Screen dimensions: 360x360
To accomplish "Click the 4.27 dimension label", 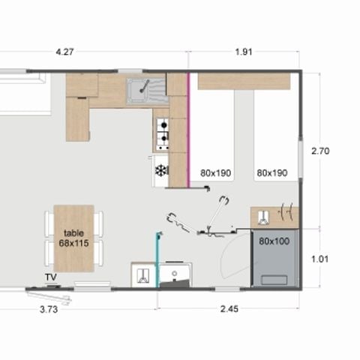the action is tap(64, 52).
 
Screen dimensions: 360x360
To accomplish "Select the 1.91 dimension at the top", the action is tap(244, 52).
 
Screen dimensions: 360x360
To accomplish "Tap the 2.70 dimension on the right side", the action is tap(320, 151).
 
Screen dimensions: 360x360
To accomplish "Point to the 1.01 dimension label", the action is tap(320, 259).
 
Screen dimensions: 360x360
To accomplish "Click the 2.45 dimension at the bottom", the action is tap(229, 309).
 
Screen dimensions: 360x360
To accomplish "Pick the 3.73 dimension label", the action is tap(49, 310).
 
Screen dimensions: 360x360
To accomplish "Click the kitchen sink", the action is tap(146, 91).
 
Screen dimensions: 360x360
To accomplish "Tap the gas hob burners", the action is tap(163, 134).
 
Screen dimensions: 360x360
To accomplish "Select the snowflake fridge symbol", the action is tap(161, 171).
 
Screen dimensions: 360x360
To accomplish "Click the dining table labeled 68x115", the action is tap(73, 238).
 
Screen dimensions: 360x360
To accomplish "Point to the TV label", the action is tap(51, 277).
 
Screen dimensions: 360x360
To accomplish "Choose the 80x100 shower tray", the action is tap(274, 259).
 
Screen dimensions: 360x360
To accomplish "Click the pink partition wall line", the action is tap(189, 130).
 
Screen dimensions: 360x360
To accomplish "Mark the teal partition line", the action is tap(157, 260).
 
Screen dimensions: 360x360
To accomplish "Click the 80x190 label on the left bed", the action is tap(215, 172).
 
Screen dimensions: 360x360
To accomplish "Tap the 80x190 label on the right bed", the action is tap(272, 172).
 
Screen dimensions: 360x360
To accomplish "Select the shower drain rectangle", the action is tap(274, 280).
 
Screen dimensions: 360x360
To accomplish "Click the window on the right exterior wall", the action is tap(301, 158).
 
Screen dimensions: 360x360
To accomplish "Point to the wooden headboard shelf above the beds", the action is tap(244, 81).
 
